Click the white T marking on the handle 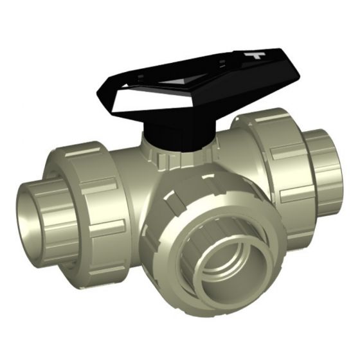point(256,55)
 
